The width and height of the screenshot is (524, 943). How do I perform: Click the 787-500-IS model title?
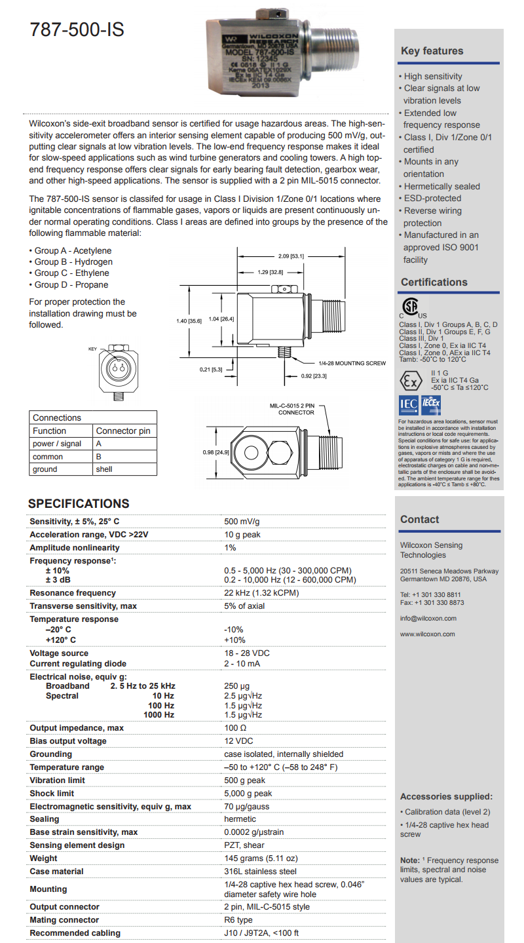click(x=77, y=30)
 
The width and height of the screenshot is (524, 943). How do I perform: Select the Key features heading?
click(x=432, y=51)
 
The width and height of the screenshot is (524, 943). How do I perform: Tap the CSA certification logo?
click(x=411, y=308)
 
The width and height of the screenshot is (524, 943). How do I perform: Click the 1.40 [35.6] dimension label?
click(x=189, y=320)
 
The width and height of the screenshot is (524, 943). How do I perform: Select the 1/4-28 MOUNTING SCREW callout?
click(x=352, y=363)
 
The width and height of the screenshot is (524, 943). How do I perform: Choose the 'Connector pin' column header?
click(x=123, y=431)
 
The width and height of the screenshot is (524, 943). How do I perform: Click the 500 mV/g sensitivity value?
click(x=242, y=522)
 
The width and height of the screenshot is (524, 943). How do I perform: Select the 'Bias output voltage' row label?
click(x=68, y=741)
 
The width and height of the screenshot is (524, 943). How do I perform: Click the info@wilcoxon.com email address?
click(x=428, y=618)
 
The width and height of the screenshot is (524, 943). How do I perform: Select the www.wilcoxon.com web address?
click(x=427, y=634)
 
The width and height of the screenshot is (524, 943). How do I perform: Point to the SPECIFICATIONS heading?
click(x=79, y=503)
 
